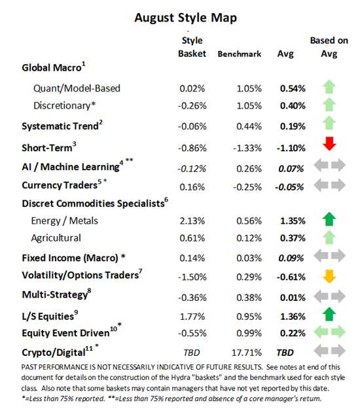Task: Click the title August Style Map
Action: click(x=180, y=17)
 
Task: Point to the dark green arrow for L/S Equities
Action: click(x=329, y=316)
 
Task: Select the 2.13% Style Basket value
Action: click(x=192, y=220)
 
